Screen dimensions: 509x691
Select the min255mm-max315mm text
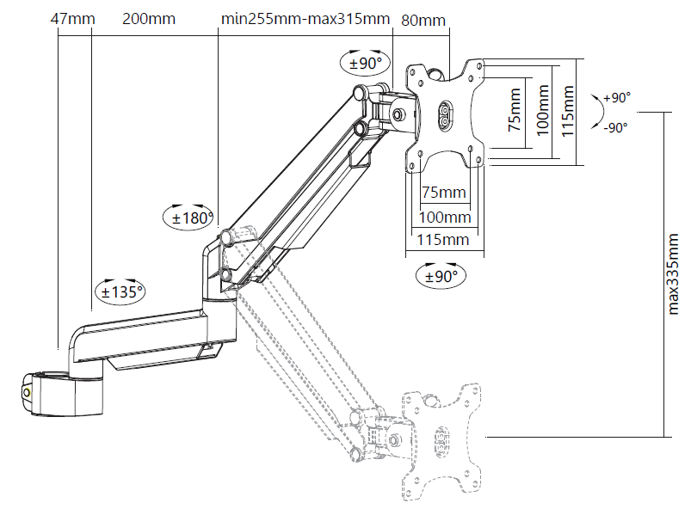(x=305, y=18)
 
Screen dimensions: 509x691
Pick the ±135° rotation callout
(x=118, y=291)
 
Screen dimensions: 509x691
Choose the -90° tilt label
(x=616, y=127)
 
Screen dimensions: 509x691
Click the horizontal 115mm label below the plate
(x=443, y=239)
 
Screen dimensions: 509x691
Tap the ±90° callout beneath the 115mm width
(x=439, y=276)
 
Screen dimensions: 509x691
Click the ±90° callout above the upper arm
(x=365, y=62)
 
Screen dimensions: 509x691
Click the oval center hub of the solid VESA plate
(x=446, y=116)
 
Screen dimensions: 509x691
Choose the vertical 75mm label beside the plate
(x=514, y=110)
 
